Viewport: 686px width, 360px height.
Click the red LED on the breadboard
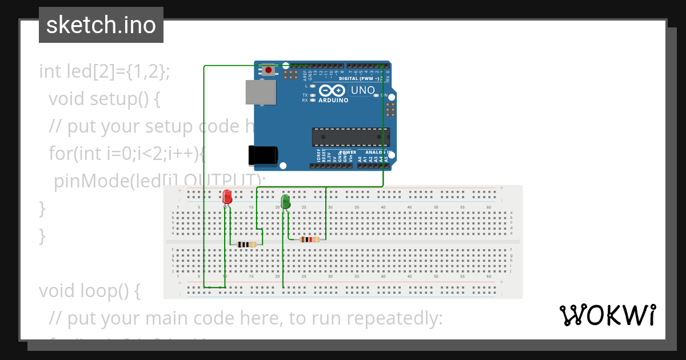click(227, 197)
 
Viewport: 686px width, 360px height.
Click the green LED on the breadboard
click(285, 201)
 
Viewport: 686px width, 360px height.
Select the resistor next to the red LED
click(246, 245)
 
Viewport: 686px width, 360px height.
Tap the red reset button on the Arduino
click(268, 70)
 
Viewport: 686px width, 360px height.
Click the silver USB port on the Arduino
click(260, 92)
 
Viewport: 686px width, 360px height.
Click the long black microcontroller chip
click(350, 137)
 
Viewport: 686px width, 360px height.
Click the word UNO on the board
click(362, 90)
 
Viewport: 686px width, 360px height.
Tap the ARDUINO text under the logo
click(333, 100)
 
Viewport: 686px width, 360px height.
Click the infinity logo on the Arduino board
click(332, 90)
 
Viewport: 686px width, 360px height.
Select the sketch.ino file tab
click(101, 25)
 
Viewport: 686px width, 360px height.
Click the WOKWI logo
click(607, 315)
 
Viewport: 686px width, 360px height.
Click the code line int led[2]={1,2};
click(105, 71)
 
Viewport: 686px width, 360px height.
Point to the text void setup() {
click(104, 99)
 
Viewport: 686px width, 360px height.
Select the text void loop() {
click(90, 291)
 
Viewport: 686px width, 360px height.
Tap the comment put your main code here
click(246, 318)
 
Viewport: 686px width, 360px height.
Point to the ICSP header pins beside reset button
click(291, 74)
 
